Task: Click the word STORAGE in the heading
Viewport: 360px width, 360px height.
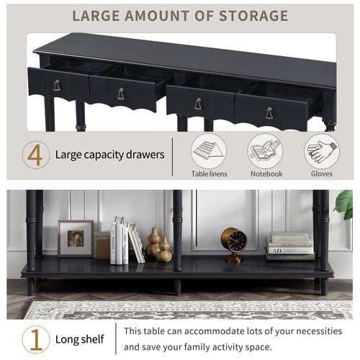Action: point(253,16)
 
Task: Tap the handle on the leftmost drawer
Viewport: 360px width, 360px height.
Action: point(57,85)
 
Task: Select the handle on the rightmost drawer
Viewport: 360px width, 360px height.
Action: point(269,113)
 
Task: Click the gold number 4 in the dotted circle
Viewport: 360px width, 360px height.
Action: point(35,155)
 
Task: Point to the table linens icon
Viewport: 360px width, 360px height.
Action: point(209,151)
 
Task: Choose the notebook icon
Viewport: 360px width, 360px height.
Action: point(265,151)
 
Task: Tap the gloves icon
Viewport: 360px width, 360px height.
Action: point(322,151)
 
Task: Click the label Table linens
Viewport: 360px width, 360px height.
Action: point(209,174)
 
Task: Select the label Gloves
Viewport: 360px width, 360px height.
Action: point(322,174)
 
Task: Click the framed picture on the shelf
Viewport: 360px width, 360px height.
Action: point(76,238)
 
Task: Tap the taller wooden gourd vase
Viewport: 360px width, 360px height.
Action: point(153,242)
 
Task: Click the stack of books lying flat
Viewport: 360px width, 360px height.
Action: point(289,246)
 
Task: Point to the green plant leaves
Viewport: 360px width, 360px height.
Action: point(343,204)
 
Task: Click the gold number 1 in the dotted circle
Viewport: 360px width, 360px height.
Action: point(36,339)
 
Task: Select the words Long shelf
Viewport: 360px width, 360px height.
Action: point(80,339)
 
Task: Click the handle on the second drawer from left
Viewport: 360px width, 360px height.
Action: point(121,94)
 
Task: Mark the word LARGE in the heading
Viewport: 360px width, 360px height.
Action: point(96,16)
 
